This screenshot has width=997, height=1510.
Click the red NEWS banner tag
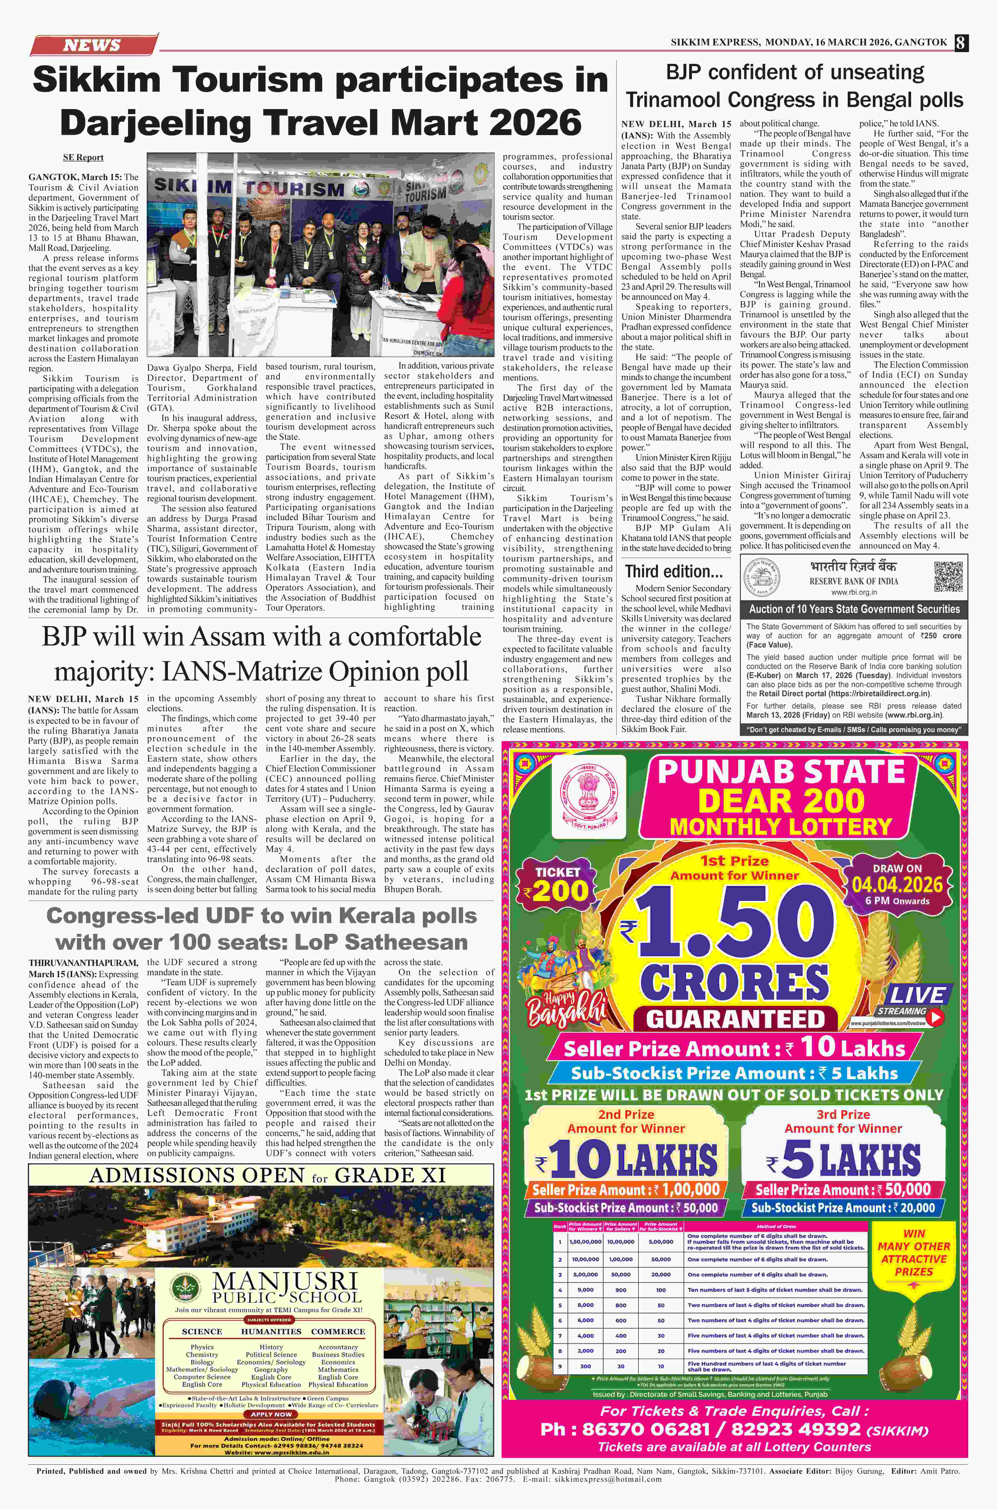pyautogui.click(x=92, y=45)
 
